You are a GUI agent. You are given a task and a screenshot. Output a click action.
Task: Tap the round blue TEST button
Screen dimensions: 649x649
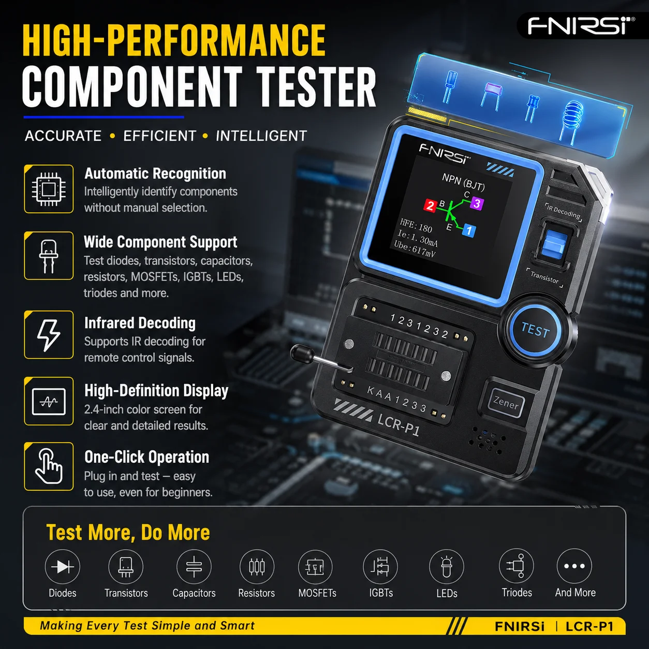[x=535, y=329]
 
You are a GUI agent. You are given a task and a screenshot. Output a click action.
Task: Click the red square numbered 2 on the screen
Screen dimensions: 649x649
[x=430, y=205]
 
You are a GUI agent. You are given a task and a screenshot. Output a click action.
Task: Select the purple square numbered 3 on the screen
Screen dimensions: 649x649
[x=477, y=203]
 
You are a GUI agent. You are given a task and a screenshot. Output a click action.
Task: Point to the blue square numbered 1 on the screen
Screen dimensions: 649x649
[x=469, y=231]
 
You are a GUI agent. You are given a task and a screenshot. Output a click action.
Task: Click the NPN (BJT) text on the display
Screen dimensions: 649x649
[x=463, y=182]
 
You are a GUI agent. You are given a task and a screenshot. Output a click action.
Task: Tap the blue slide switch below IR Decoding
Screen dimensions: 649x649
[x=554, y=243]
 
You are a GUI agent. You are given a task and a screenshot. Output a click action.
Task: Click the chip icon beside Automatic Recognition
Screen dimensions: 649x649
[x=49, y=189]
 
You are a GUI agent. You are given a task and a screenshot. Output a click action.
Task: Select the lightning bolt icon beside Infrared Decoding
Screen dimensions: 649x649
[x=49, y=335]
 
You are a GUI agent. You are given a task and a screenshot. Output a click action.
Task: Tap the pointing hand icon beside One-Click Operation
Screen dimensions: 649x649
[x=49, y=466]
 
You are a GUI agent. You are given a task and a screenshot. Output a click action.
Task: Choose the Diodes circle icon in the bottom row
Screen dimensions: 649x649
[x=62, y=567]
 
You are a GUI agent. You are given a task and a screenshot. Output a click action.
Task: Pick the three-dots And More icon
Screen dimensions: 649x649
[x=574, y=566]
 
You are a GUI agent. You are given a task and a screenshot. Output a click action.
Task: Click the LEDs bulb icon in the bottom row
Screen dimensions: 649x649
[x=447, y=567]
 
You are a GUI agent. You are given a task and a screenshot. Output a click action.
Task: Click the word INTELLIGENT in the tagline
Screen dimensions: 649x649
[x=261, y=136]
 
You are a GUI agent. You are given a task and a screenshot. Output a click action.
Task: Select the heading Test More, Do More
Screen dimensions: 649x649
[x=128, y=533]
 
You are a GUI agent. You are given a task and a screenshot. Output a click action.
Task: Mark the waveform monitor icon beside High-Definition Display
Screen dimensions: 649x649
[x=49, y=402]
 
